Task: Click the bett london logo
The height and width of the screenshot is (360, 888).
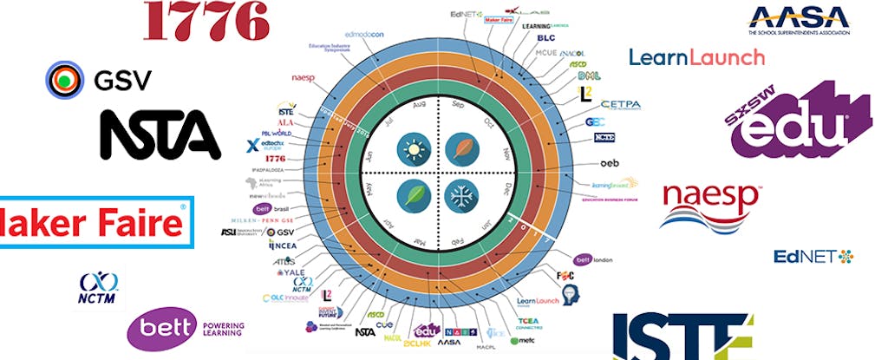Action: (596, 259)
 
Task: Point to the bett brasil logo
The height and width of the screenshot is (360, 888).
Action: (271, 209)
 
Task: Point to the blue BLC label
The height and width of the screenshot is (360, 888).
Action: (545, 37)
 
